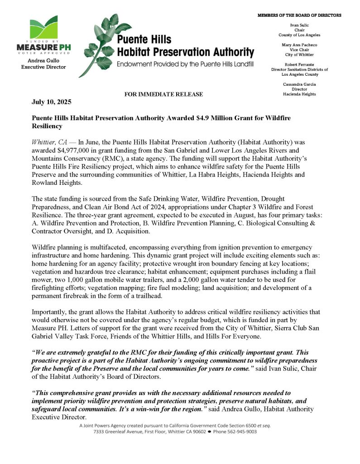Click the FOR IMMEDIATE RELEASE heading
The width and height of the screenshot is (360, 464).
pyautogui.click(x=163, y=94)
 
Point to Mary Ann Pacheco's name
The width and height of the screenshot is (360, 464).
pyautogui.click(x=299, y=45)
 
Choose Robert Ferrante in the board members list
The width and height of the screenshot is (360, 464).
pyautogui.click(x=299, y=64)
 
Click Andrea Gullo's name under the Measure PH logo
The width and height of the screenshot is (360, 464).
pyautogui.click(x=43, y=60)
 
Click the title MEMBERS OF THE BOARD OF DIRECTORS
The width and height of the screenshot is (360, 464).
pyautogui.click(x=299, y=15)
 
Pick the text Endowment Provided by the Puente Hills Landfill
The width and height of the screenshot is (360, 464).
pyautogui.click(x=185, y=64)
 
